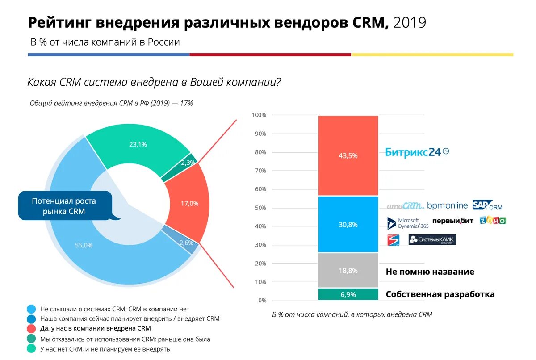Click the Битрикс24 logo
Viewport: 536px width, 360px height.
(417, 152)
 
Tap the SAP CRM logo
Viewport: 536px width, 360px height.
(487, 205)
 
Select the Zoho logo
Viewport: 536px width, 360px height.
(493, 220)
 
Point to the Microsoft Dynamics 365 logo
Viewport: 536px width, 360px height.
(407, 223)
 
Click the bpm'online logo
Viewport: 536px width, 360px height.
(447, 205)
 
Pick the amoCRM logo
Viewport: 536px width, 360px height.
(405, 206)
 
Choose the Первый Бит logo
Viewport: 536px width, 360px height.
(452, 221)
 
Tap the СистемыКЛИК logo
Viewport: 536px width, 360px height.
(432, 240)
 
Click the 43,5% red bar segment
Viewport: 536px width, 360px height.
(348, 155)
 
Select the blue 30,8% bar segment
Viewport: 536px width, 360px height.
(348, 225)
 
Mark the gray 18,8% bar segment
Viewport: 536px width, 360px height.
(348, 271)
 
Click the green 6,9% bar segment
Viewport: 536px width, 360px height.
(348, 294)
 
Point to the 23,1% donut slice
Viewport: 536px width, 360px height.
(138, 144)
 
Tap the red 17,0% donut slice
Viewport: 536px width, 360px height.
(189, 203)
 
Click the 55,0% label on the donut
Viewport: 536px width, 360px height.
(84, 245)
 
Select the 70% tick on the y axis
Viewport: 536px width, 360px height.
(260, 171)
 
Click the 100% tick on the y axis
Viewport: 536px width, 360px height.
(259, 115)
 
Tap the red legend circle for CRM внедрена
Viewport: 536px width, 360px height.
(31, 328)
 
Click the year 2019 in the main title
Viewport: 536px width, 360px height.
(410, 22)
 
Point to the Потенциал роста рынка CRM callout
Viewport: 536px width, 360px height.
(63, 206)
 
